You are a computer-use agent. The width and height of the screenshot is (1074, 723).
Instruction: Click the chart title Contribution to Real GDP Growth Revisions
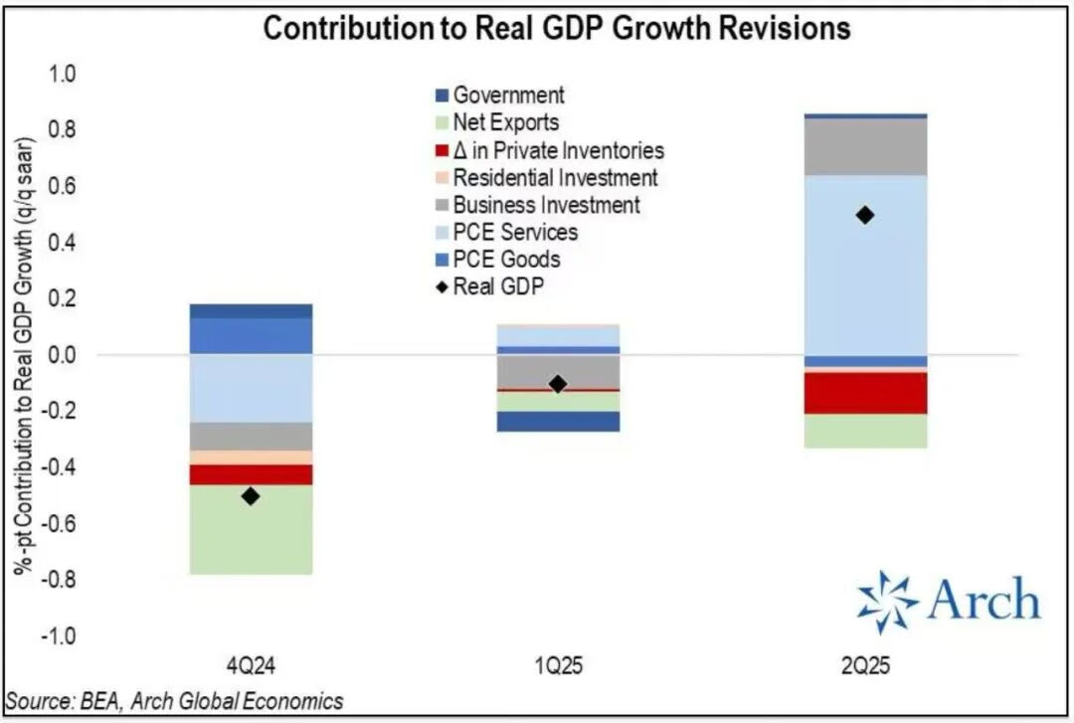tap(556, 28)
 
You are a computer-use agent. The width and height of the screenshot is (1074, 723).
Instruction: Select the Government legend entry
tap(508, 95)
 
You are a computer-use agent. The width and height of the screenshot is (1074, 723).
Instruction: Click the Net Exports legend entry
tap(505, 123)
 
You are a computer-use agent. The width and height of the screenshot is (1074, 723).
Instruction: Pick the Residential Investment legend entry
tap(555, 178)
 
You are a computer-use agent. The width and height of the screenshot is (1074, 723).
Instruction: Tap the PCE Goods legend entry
tap(506, 260)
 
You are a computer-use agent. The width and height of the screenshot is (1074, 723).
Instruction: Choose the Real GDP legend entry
tap(503, 287)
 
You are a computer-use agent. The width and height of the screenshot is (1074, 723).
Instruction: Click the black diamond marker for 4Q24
tap(251, 495)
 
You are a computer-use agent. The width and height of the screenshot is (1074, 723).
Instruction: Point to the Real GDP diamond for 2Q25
tap(865, 215)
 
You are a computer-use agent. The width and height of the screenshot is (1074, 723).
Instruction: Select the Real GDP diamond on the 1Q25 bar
tap(558, 384)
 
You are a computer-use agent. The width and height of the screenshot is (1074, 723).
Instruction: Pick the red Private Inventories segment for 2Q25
tap(865, 393)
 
